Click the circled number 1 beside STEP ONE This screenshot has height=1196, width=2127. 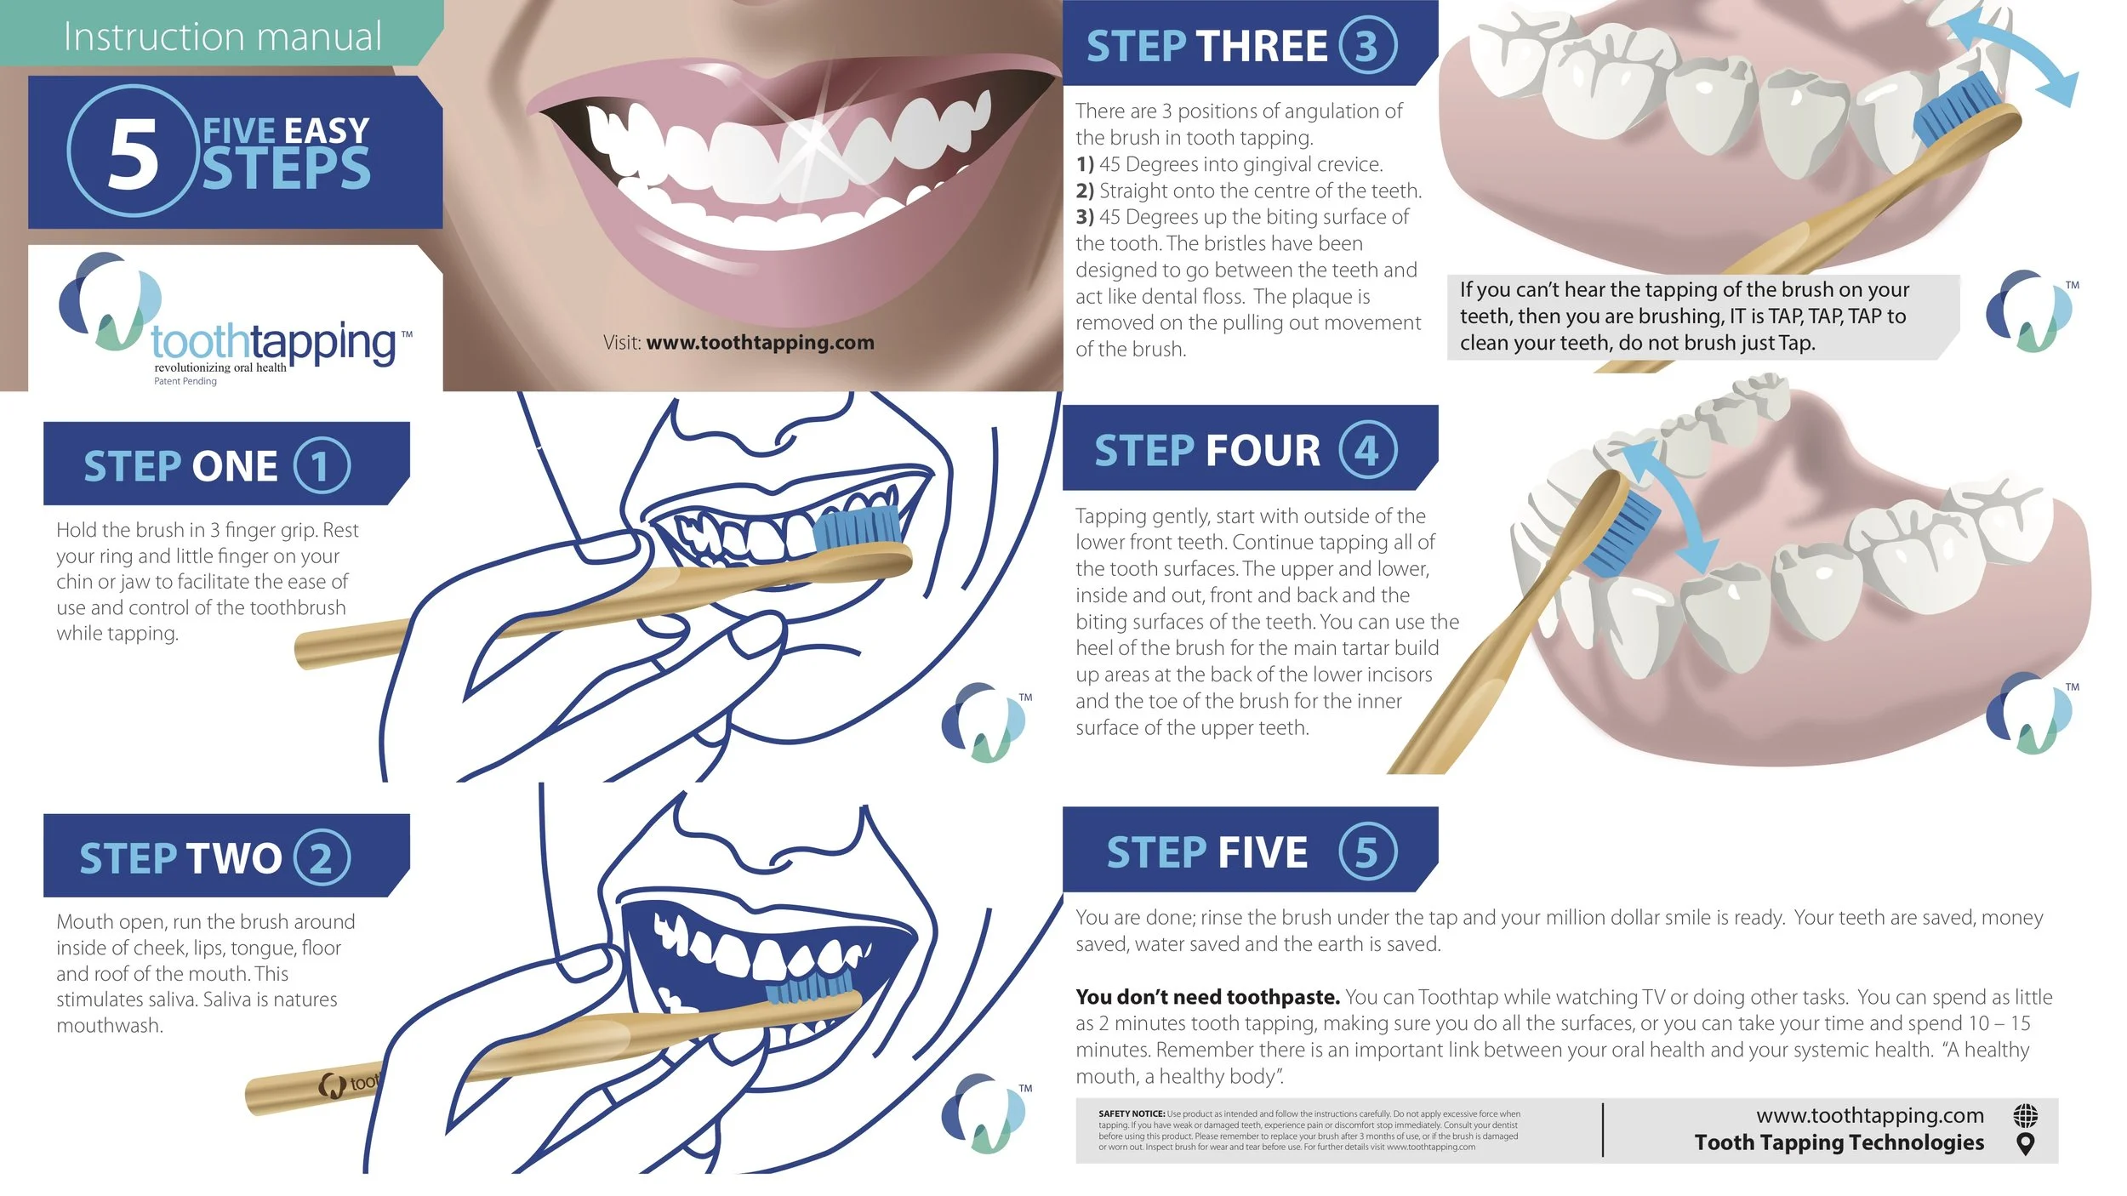click(322, 465)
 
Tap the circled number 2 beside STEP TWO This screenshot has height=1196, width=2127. click(322, 857)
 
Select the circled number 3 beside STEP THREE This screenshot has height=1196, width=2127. click(1368, 45)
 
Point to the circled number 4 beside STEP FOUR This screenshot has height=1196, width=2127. click(1368, 450)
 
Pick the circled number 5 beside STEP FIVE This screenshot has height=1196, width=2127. click(1368, 851)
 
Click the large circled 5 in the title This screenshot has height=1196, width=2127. click(133, 151)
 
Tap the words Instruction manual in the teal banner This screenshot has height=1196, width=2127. click(223, 37)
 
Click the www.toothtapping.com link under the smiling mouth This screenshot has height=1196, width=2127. click(760, 343)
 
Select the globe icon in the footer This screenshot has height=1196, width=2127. click(2026, 1114)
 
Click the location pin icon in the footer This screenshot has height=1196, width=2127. click(2026, 1144)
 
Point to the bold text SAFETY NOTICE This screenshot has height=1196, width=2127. click(1132, 1113)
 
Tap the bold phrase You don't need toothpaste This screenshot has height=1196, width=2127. click(1207, 997)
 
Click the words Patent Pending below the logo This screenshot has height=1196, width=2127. click(185, 381)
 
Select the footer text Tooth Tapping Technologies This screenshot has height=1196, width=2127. click(1839, 1142)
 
